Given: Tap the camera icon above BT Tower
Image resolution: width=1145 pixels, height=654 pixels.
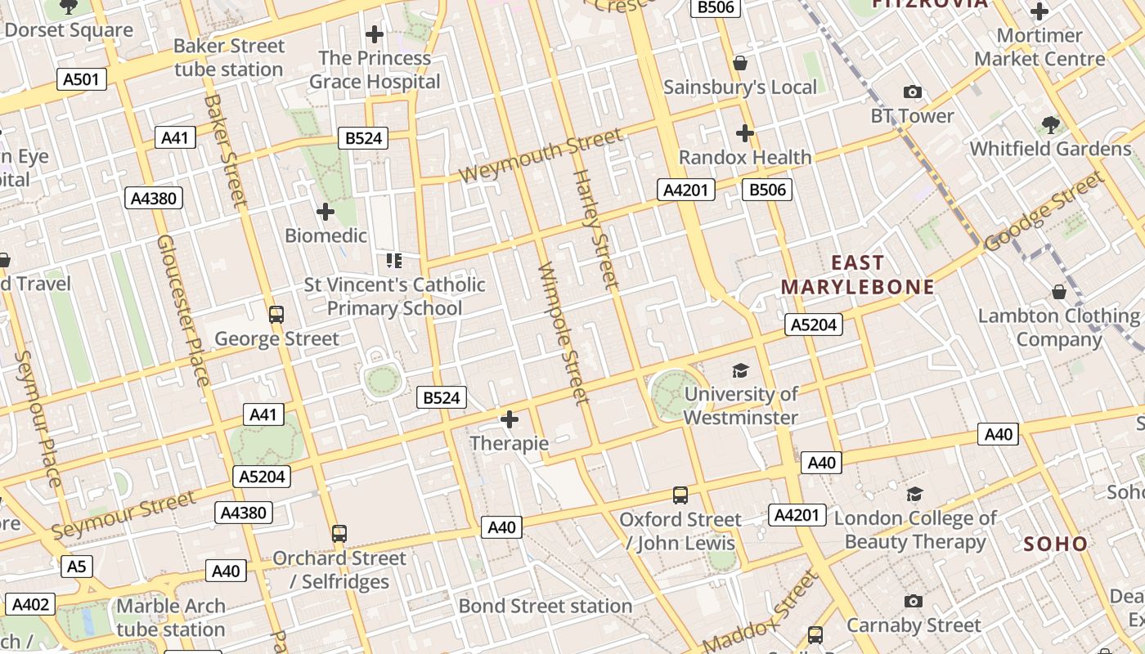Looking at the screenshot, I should pyautogui.click(x=912, y=92).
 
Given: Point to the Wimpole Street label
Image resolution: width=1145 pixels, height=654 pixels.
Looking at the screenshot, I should pyautogui.click(x=564, y=333).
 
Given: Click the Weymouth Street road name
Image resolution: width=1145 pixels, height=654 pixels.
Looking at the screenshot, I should pyautogui.click(x=541, y=155).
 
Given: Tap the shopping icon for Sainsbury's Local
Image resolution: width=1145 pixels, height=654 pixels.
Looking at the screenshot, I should pyautogui.click(x=740, y=63).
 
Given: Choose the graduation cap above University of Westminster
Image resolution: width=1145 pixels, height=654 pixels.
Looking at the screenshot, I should pyautogui.click(x=740, y=370).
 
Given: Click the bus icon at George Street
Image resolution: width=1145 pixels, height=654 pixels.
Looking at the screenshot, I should pyautogui.click(x=276, y=314).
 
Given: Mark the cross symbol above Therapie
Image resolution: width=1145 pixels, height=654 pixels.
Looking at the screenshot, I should pyautogui.click(x=510, y=419).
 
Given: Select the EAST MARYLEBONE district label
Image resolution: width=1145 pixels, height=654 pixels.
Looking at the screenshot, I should pyautogui.click(x=857, y=275).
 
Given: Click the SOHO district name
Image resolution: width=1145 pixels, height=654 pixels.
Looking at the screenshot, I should pyautogui.click(x=1056, y=544).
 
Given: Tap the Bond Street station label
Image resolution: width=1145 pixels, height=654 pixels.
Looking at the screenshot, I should pyautogui.click(x=545, y=606).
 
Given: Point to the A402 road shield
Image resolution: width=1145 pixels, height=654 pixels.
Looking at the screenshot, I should pyautogui.click(x=31, y=605).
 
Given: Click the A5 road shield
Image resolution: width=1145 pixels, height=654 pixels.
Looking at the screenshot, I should pyautogui.click(x=77, y=566).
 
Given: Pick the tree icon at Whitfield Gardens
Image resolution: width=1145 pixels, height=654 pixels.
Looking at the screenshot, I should pyautogui.click(x=1050, y=125).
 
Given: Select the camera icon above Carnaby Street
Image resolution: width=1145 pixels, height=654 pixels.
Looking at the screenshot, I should pyautogui.click(x=914, y=602).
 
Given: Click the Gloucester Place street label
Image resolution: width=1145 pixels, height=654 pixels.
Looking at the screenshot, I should pyautogui.click(x=183, y=311).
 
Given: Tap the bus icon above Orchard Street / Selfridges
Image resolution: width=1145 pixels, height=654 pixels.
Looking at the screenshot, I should pyautogui.click(x=339, y=534).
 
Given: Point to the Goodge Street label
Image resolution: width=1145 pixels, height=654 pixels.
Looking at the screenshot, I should pyautogui.click(x=1044, y=211).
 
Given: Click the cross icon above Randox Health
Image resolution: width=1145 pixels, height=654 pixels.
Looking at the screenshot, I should pyautogui.click(x=744, y=132).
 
